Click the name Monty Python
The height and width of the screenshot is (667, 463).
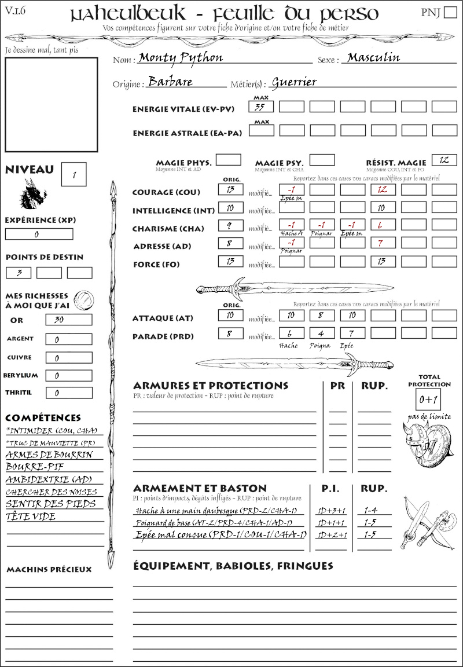[x=181, y=58]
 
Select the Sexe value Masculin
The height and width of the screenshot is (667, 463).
[x=373, y=57]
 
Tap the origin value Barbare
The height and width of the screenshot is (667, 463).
[x=170, y=82]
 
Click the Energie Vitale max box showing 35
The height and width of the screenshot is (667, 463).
[x=261, y=107]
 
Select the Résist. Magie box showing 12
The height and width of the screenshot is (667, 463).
[x=444, y=160]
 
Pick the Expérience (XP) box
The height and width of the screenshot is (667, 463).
[x=39, y=234]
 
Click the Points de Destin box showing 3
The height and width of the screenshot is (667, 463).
[x=19, y=272]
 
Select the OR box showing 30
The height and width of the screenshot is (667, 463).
[x=68, y=320]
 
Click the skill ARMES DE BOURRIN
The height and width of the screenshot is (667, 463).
[x=49, y=455]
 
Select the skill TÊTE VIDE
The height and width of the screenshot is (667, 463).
[x=31, y=516]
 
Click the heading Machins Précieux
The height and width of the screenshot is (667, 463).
[x=49, y=570]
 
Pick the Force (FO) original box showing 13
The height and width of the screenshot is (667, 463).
[x=230, y=261]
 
